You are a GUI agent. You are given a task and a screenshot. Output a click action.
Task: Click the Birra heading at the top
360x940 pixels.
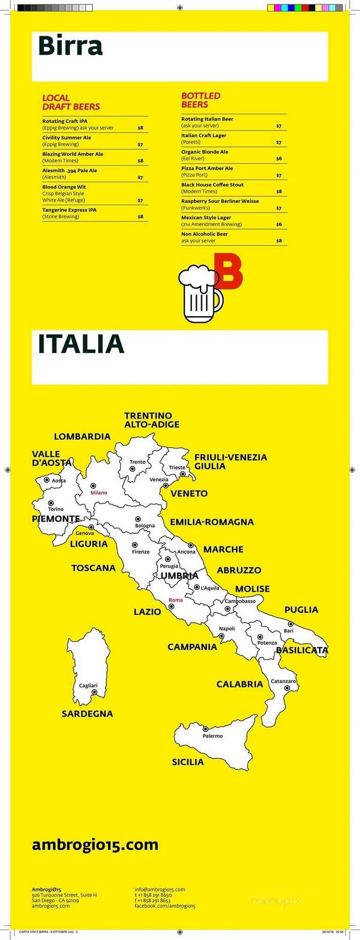pos(70,46)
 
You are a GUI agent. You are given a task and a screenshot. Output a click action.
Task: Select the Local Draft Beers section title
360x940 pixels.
pos(71,102)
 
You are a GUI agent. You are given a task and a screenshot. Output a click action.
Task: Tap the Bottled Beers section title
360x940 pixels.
pos(201,100)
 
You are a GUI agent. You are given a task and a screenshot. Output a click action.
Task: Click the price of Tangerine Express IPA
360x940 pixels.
pos(140,217)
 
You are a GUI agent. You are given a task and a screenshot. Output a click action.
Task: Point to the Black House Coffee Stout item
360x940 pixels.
pos(212,185)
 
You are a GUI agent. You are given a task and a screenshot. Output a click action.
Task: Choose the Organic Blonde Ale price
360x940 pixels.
pos(279,159)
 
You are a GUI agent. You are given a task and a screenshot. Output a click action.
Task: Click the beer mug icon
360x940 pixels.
pos(200,294)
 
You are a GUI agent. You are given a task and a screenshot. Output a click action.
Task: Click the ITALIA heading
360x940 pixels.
pos(81,344)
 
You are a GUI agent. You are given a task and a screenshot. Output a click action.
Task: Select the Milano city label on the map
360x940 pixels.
pos(98,492)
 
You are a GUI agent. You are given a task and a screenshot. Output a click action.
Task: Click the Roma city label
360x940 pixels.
pos(176,600)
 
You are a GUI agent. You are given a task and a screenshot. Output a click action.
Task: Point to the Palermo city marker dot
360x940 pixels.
pos(205,729)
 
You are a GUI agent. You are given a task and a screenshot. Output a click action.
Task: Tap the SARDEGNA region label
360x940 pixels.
pos(87,714)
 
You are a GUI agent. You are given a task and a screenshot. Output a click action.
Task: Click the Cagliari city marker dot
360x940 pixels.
pos(94,692)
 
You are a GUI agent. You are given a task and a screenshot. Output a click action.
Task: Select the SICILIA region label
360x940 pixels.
pos(187,762)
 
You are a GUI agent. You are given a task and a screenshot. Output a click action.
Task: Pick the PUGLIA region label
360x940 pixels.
pos(301,610)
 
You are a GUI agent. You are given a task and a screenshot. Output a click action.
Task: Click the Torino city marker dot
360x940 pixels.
pos(51,503)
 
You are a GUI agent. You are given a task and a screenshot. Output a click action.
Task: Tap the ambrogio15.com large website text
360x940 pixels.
pos(95,845)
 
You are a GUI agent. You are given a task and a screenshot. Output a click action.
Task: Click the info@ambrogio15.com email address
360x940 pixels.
pos(160,889)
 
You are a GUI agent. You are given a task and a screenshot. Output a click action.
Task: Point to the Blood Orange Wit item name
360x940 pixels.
pos(64,187)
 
